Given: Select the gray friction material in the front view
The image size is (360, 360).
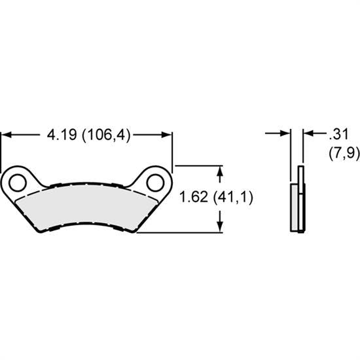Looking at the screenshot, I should pos(86,208).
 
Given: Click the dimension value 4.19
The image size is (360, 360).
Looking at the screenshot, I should pos(61,135).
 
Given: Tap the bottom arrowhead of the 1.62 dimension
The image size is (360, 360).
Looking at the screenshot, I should pos(221,226).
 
